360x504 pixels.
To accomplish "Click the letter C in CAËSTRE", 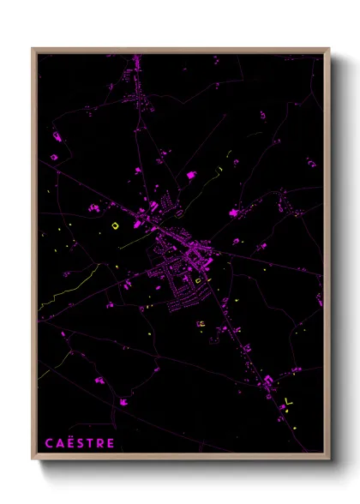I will point(50,443).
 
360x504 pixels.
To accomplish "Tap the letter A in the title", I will point(60,443).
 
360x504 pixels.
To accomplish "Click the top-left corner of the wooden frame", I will point(33,49).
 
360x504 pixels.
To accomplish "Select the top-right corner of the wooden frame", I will point(328,49).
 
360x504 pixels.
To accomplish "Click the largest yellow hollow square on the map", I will point(115,225).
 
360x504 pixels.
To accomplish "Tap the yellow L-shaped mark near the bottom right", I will point(288,400).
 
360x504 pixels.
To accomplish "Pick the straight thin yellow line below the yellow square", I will point(133,242).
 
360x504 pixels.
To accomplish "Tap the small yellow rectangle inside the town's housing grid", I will point(200,279).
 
